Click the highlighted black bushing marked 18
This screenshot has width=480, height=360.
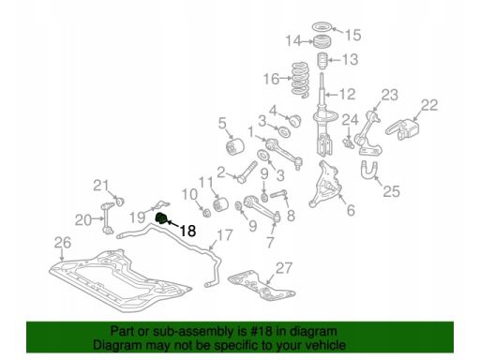161,217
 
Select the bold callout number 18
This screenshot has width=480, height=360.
187,232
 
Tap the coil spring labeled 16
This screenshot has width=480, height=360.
301,80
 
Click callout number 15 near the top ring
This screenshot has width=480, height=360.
353,35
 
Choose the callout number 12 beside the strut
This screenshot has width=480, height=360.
348,94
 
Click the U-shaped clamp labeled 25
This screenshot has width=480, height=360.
368,170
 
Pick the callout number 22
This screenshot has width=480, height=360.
429,105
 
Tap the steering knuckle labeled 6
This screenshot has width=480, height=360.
325,184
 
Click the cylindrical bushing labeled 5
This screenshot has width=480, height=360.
235,147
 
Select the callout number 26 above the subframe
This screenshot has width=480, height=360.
63,243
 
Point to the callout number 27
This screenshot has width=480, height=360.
284,268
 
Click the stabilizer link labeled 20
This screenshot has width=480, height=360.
108,218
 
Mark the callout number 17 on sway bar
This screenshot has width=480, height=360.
225,235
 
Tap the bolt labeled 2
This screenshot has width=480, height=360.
247,172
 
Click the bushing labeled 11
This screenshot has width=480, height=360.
220,203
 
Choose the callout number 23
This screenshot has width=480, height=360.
390,95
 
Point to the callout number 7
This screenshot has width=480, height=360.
270,243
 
